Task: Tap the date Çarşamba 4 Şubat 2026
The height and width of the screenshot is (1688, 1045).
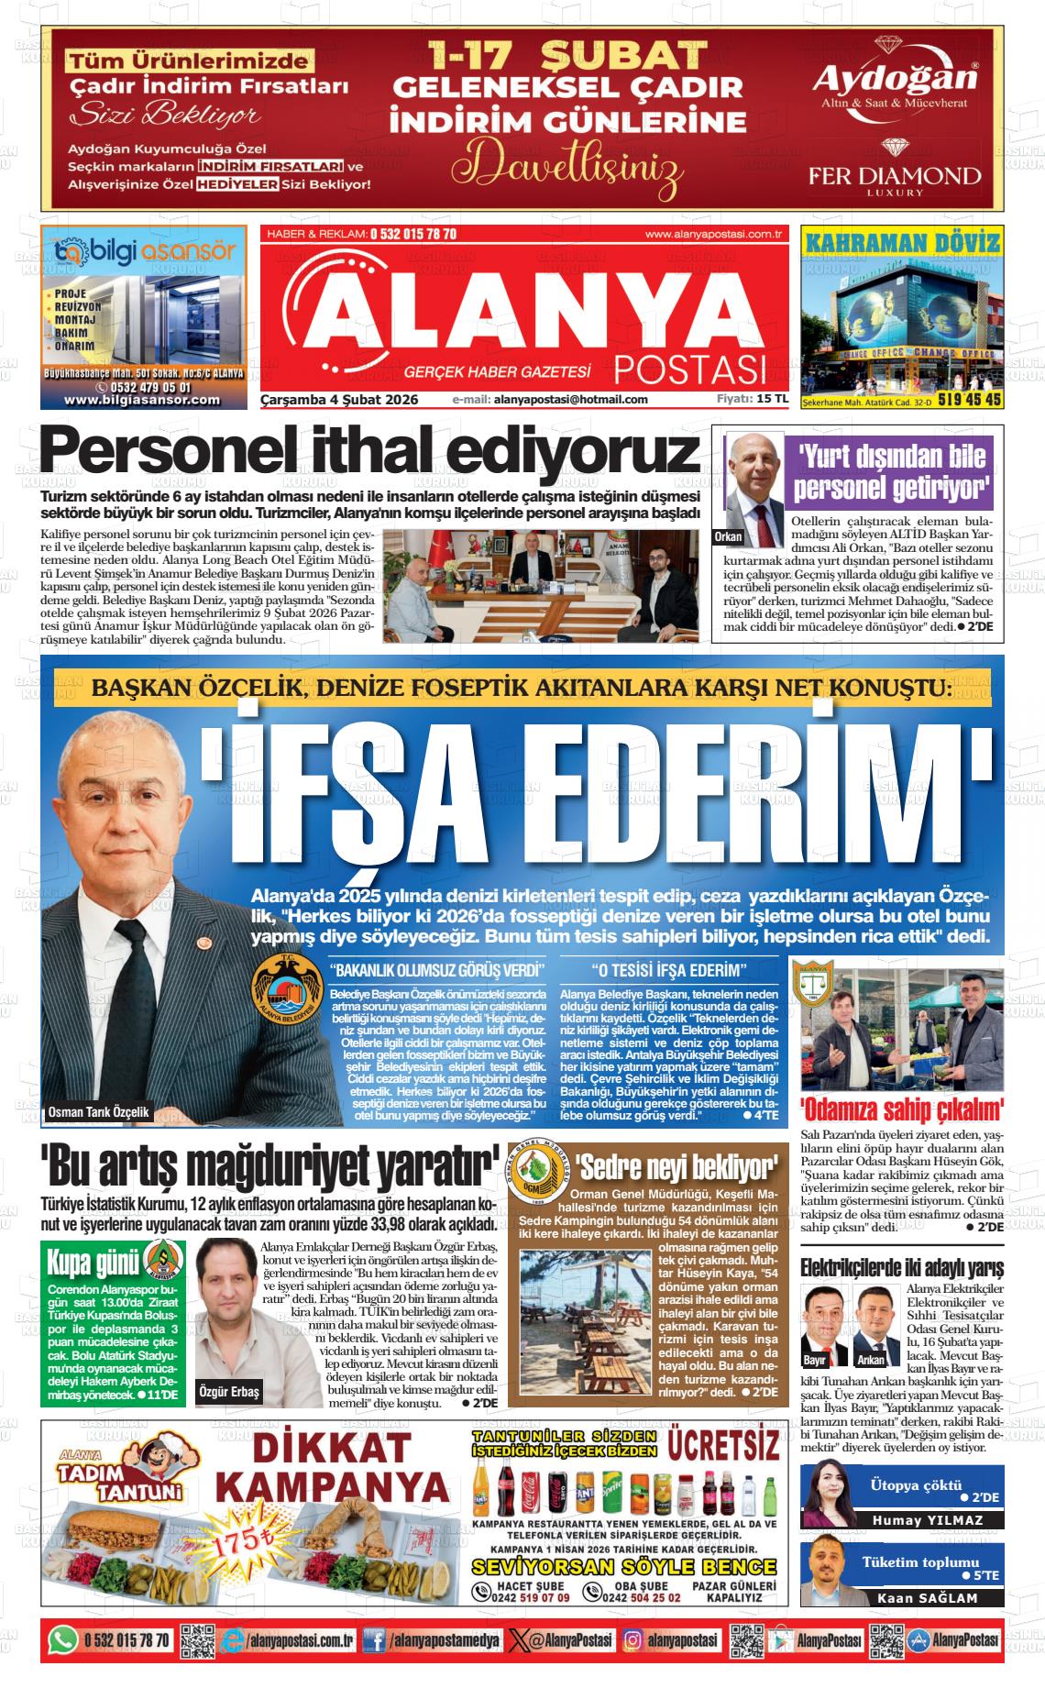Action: (339, 400)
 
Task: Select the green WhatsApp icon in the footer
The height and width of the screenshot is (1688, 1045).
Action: (62, 1639)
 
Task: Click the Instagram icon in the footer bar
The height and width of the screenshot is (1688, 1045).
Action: (632, 1640)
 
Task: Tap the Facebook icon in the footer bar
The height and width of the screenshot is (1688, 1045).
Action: (374, 1640)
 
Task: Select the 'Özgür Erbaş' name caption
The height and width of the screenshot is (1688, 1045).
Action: (229, 1392)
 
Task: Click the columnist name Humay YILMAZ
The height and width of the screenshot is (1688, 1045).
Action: (928, 1519)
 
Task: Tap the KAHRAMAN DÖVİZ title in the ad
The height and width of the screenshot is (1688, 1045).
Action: (902, 243)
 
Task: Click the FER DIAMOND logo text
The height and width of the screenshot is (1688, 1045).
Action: (894, 175)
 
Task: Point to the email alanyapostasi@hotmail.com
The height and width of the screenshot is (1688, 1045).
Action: (569, 400)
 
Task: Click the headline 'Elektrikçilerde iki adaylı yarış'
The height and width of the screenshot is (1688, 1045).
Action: (902, 1268)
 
